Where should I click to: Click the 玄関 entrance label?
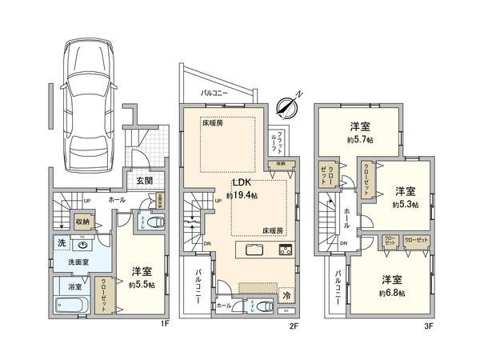click(144, 181)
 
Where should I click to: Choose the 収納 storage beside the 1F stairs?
click(82, 221)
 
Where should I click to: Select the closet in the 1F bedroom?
click(105, 294)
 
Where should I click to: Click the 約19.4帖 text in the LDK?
click(240, 195)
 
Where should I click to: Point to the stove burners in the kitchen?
click(285, 250)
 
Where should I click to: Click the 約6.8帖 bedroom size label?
click(392, 293)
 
